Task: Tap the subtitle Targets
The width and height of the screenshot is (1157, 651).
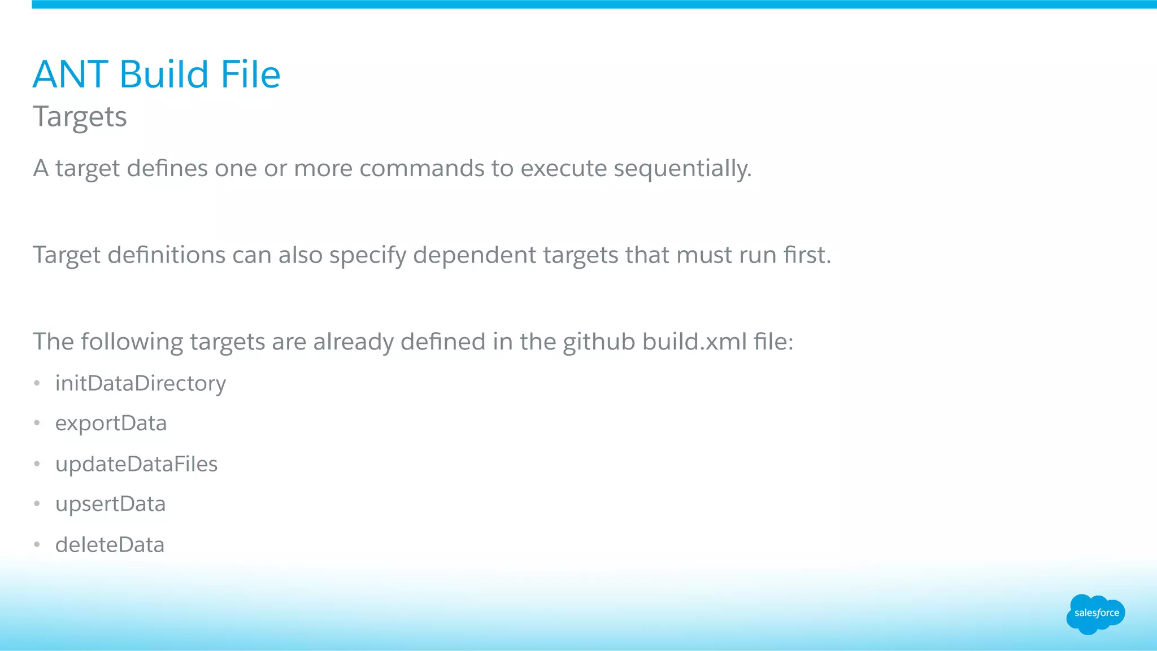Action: [80, 117]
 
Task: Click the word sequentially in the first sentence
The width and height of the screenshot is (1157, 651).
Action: [682, 168]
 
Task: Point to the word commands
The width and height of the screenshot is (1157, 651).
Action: [421, 168]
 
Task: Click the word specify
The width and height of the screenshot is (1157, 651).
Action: [368, 255]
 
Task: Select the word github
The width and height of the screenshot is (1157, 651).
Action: [599, 342]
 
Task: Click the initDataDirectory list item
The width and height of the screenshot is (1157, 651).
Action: [140, 384]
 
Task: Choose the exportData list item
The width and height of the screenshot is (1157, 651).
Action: [111, 423]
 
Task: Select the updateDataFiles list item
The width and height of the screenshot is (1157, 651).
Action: [136, 464]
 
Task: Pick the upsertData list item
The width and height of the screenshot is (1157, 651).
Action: [110, 504]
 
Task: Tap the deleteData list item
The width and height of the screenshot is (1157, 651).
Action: [110, 545]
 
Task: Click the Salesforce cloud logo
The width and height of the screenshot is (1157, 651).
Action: [1095, 614]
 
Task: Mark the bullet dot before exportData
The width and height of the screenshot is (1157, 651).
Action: [37, 423]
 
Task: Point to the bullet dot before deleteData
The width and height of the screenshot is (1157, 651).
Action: [37, 545]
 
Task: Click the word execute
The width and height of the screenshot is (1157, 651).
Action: [563, 168]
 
